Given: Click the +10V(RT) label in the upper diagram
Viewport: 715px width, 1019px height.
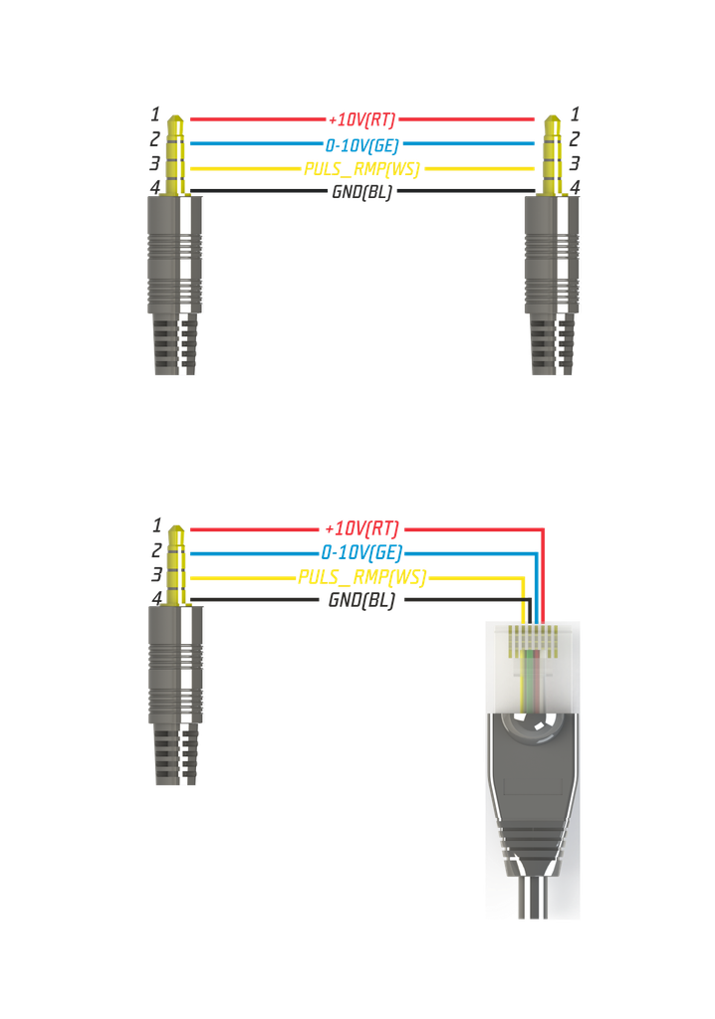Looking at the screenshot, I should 361,121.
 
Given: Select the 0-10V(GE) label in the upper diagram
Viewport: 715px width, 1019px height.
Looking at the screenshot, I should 361,144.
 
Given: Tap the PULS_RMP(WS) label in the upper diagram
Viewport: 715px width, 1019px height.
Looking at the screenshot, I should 361,168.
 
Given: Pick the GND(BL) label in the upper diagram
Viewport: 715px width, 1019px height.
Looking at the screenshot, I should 361,192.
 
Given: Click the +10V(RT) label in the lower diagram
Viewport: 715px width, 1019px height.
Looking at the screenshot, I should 361,528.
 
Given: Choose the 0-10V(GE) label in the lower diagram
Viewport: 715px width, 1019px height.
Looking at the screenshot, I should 361,552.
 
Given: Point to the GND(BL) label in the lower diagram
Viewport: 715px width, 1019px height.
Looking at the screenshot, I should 361,600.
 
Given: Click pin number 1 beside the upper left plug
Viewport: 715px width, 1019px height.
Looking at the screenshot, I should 155,114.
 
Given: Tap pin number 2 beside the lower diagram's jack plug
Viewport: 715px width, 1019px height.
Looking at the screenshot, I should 155,549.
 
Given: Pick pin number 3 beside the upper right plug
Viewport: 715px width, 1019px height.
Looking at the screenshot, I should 575,163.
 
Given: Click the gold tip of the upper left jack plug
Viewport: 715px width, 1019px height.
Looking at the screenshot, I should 176,125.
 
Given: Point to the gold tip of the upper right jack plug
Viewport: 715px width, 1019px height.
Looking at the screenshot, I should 553,125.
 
